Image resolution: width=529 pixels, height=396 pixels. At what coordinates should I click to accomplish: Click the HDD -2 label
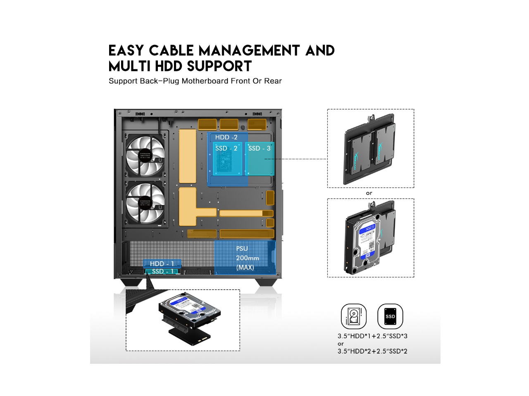coord(226,137)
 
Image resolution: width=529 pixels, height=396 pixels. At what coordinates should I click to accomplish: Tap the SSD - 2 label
coord(226,148)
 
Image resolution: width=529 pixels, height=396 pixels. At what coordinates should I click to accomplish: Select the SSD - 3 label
coord(259,148)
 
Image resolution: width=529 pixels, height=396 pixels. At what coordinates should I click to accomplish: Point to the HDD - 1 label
coord(162,264)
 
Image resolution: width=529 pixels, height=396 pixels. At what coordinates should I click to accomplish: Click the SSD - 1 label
coord(162,271)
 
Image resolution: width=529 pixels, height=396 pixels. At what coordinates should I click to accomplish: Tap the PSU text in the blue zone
coord(242,249)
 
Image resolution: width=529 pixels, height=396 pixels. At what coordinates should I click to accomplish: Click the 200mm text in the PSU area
coord(247,258)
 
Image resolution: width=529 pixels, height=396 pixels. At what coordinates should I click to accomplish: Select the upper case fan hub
coord(145,156)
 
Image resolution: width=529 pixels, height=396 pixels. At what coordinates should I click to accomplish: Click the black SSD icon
coord(390,316)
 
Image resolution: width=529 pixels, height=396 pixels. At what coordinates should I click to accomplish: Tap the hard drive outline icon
coord(354,316)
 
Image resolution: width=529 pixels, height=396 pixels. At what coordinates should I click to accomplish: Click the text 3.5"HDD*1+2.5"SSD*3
coord(372,336)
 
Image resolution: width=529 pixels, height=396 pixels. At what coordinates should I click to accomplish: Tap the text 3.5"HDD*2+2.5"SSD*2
coord(372,351)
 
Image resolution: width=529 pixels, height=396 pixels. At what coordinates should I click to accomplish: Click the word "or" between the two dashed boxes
coord(369,193)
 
